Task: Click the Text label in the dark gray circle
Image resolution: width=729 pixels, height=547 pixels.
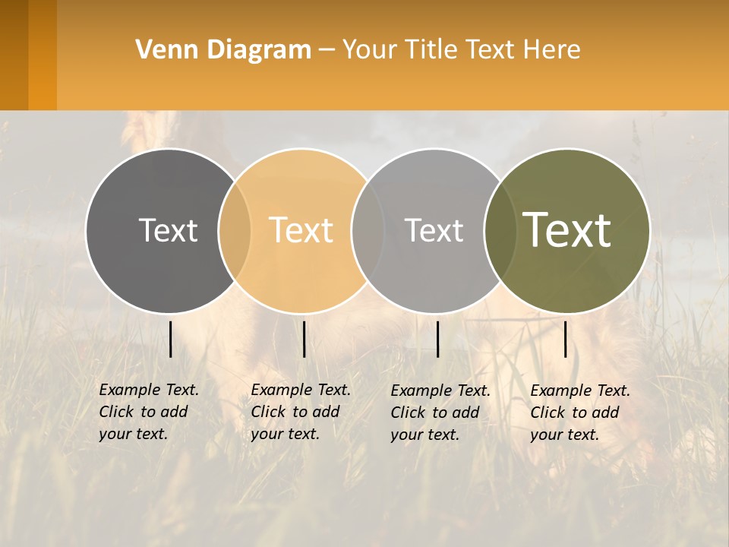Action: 168,230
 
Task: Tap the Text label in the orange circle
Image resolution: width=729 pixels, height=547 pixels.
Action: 301,230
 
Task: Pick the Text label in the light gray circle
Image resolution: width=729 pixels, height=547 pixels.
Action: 434,230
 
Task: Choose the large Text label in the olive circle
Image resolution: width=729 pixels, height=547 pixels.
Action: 567,230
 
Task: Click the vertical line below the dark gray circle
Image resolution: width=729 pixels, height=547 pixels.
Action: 171,339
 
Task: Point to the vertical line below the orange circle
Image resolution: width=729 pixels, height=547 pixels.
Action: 304,339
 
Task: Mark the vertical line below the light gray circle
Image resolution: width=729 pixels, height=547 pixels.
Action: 437,339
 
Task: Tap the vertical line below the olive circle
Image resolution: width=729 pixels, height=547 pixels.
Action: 565,339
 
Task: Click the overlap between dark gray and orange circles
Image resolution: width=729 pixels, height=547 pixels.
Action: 235,230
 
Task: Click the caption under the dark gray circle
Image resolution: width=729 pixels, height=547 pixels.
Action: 148,412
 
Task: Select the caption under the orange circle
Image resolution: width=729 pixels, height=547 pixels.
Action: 300,412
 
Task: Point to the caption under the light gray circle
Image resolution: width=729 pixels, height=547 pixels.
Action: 440,413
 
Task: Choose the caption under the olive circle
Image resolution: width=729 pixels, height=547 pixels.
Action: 579,413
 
